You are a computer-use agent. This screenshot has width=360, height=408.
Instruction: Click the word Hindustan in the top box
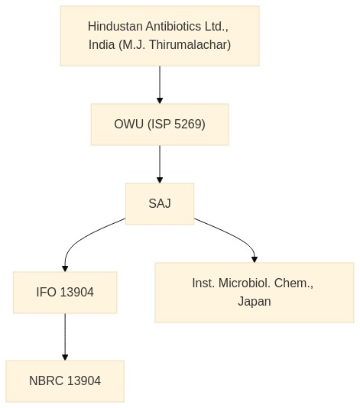coord(115,26)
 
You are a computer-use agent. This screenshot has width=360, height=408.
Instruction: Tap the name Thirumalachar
coord(190,44)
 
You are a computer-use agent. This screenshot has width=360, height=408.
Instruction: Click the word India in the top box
coord(102,44)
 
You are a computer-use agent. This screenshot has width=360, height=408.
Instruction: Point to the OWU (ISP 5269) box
coord(160,125)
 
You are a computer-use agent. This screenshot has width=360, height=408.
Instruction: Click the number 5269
coord(190,124)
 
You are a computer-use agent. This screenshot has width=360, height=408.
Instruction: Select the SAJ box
coord(160,204)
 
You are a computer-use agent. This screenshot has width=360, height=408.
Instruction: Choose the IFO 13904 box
coord(65,292)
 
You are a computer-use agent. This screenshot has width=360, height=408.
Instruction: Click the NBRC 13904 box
coord(65,381)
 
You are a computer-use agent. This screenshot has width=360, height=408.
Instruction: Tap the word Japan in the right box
coord(255,301)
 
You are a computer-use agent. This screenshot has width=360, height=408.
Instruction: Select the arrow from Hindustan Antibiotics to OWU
coord(160,85)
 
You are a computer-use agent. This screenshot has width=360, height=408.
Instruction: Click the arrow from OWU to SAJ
coord(160,164)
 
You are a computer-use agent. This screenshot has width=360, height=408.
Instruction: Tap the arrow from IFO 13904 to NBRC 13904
coord(65,337)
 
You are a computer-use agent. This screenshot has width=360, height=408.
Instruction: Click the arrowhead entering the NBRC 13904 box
coord(65,358)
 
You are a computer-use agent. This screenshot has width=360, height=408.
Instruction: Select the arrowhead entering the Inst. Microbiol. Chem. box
coord(255,260)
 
